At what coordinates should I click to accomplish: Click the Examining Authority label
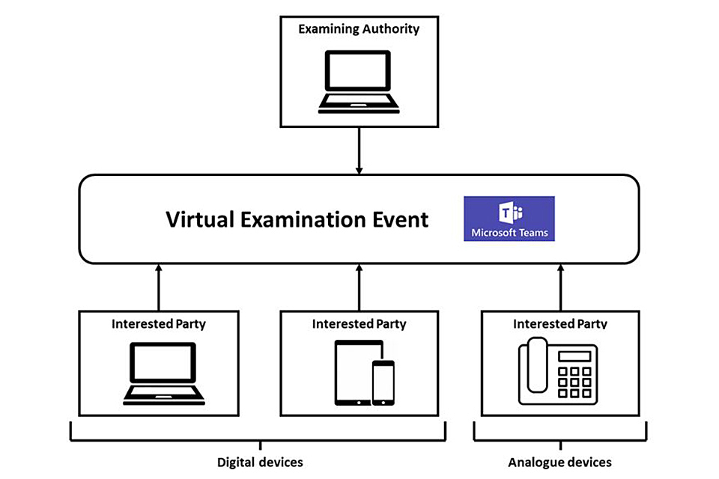[359, 30]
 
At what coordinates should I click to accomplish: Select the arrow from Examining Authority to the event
[359, 150]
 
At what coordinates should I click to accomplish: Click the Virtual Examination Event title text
[297, 219]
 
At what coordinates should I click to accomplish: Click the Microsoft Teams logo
[509, 218]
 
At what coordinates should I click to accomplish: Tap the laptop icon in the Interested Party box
[159, 373]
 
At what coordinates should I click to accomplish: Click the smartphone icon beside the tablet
[383, 382]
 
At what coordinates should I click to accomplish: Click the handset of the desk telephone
[537, 365]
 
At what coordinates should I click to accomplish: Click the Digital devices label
[260, 462]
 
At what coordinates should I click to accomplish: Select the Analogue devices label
[560, 462]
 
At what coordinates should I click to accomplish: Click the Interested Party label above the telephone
[560, 324]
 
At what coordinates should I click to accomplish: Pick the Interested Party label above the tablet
[359, 324]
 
